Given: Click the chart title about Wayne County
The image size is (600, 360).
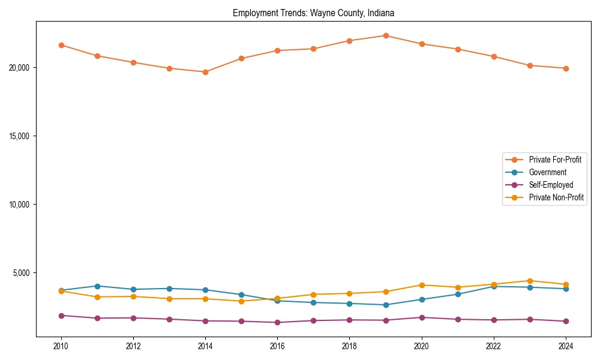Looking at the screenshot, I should tap(313, 13).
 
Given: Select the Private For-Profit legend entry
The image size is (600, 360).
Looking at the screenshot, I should tap(554, 160).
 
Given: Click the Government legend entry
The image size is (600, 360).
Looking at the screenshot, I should tap(547, 172).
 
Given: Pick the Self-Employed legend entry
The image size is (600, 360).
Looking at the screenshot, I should tap(551, 185).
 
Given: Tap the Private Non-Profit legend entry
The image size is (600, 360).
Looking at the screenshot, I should tap(556, 197).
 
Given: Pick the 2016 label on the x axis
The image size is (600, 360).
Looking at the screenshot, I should tap(277, 346).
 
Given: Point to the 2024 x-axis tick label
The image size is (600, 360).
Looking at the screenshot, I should tap(566, 346).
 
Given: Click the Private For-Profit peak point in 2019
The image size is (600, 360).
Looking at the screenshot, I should tap(386, 35).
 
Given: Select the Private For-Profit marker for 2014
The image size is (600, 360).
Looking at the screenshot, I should tap(205, 72).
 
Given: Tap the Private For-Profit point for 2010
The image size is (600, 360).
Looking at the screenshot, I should tap(61, 45).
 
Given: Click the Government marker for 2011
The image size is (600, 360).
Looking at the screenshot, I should tap(97, 286).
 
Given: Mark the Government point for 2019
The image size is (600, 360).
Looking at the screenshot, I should tap(386, 305).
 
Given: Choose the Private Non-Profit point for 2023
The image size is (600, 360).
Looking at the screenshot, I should tap(530, 281).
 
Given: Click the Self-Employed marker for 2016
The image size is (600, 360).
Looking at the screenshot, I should tap(277, 322).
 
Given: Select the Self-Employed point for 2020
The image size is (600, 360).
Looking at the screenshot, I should tap(422, 317).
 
